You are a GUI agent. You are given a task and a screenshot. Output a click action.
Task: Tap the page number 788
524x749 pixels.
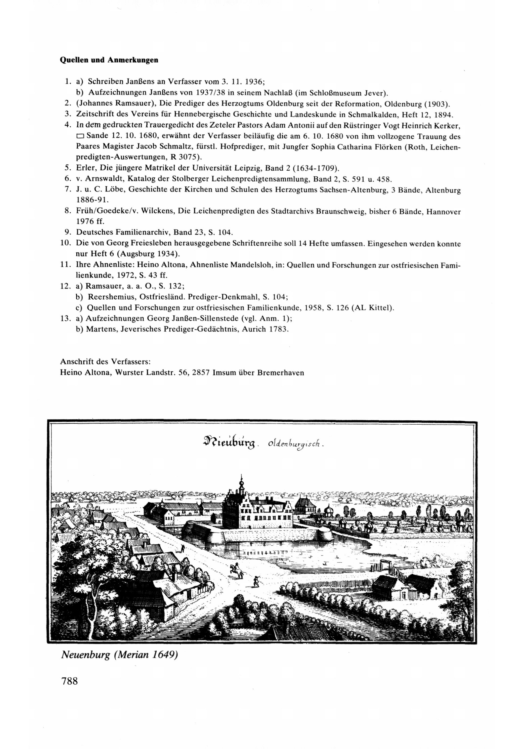pyautogui.click(x=69, y=681)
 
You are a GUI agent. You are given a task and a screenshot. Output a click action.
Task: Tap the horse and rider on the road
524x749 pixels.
pyautogui.click(x=237, y=571)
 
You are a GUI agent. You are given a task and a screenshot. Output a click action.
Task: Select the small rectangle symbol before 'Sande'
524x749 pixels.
pyautogui.click(x=80, y=136)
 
